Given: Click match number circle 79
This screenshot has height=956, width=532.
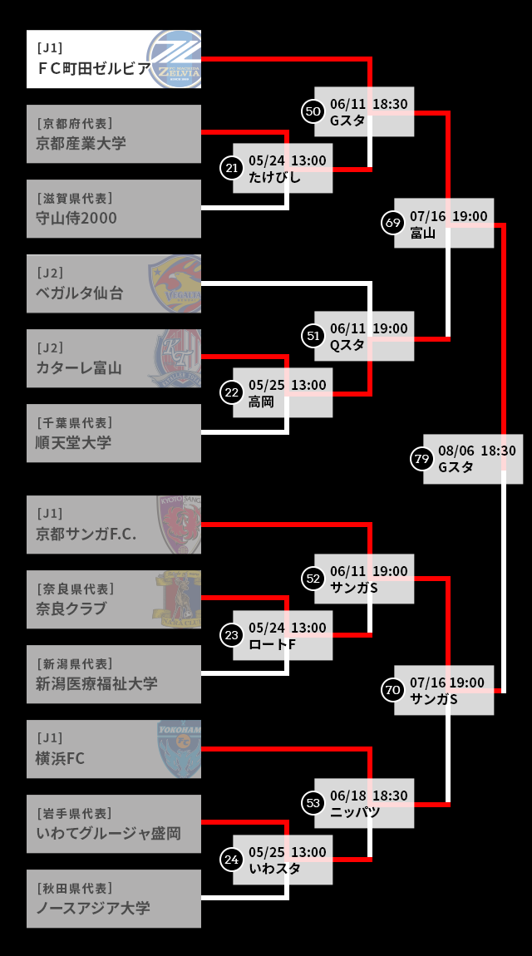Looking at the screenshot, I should click(422, 459).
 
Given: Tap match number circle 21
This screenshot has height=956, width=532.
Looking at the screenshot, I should click(232, 168).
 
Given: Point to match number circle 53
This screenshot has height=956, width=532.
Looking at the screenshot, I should click(313, 803).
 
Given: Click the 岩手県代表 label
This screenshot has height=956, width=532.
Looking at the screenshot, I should click(74, 813).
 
